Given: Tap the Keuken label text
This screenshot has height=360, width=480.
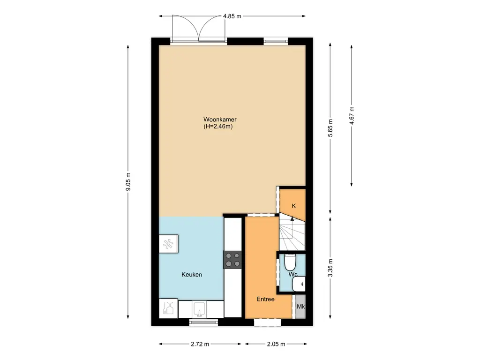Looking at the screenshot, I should point(192,275).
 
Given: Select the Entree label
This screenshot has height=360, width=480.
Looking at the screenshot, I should point(265,299).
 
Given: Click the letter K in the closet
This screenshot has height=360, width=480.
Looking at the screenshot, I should point(294,206).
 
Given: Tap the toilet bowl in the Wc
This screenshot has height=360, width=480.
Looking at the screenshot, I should point(290,262).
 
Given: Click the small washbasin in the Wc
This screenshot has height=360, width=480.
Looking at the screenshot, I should point(299,284).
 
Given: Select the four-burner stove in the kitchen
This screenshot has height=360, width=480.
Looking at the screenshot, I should point(233,259).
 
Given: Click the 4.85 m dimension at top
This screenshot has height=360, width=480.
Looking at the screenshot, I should point(232,16).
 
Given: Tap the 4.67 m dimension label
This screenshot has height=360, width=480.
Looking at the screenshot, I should point(352,115).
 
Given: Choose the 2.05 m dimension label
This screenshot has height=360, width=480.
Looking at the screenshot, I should point(276,344).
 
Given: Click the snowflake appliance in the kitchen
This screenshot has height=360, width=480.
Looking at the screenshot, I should point(169,243).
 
